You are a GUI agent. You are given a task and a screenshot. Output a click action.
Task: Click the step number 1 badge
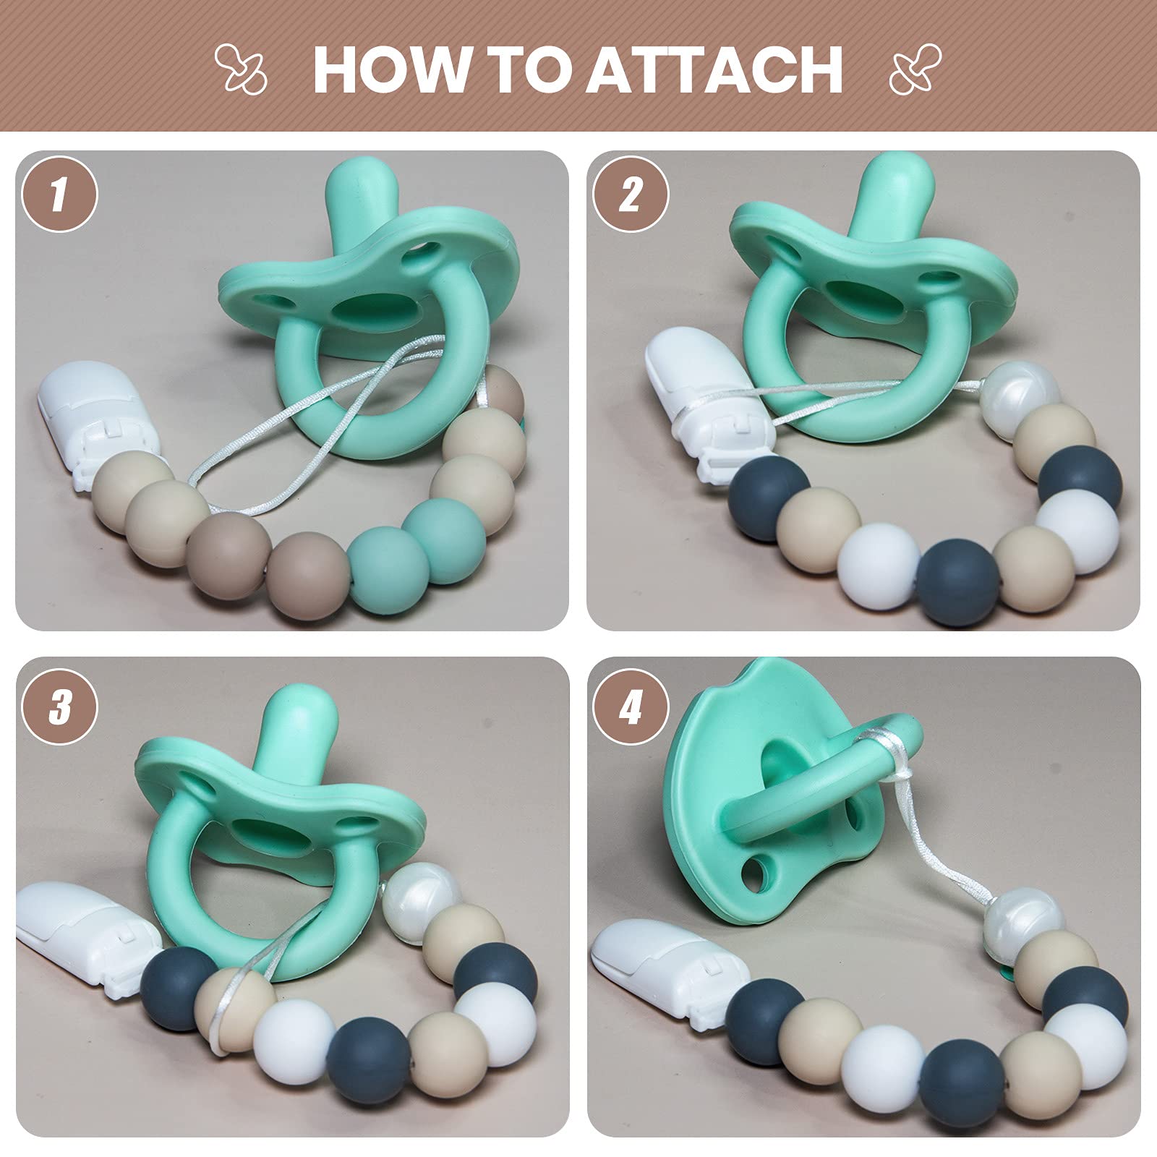pyautogui.click(x=60, y=195)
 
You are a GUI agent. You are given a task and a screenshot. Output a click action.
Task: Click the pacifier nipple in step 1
pyautogui.click(x=361, y=210)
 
